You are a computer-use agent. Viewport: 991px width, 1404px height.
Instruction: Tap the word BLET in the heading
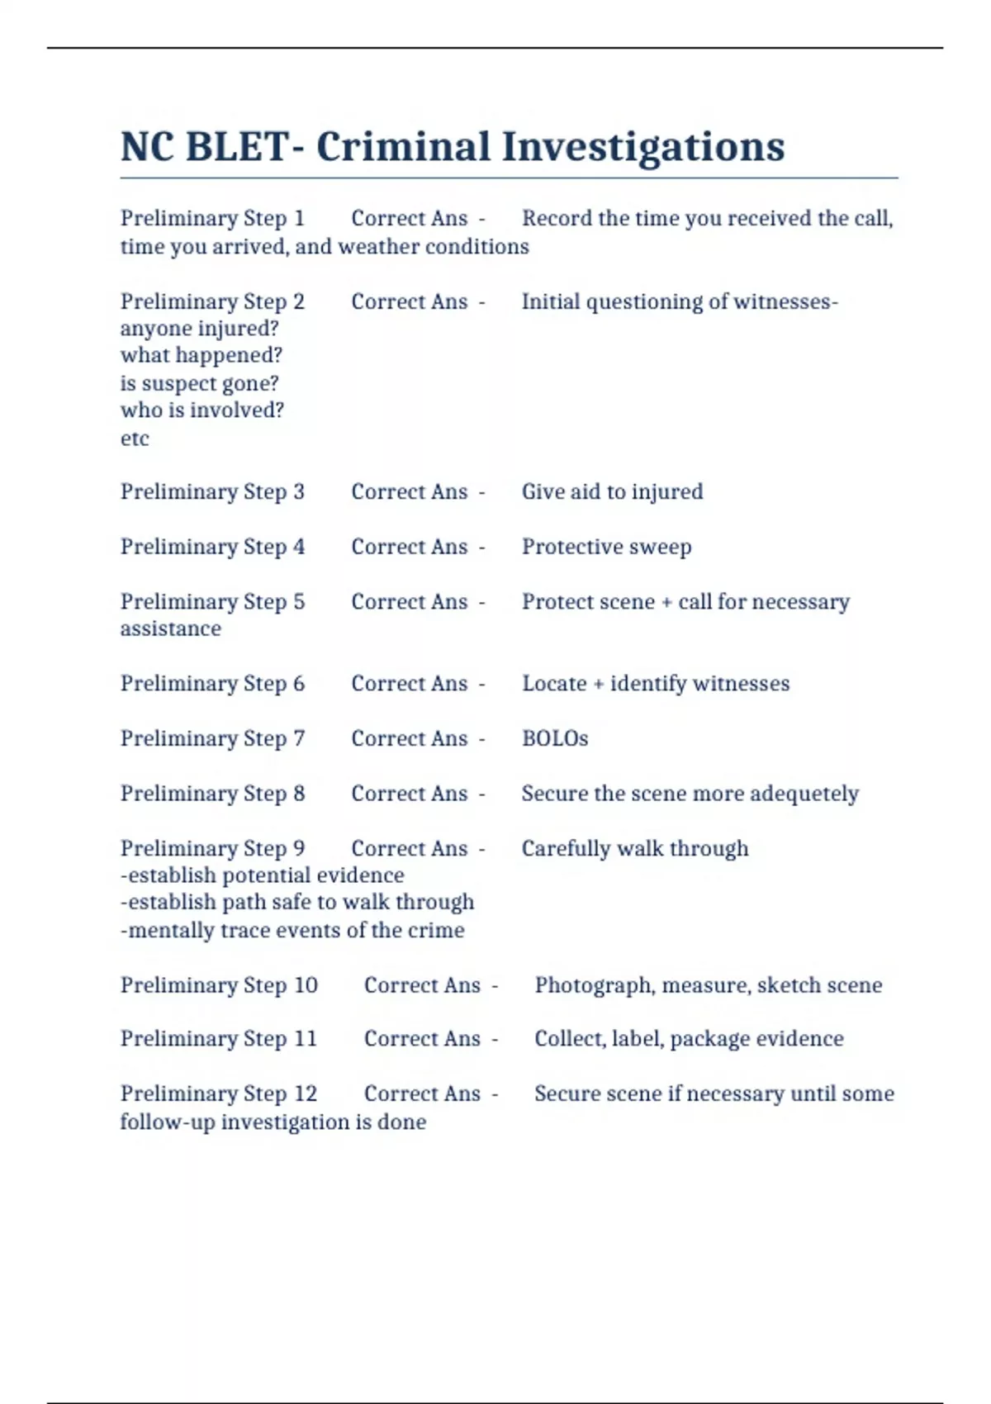click(236, 147)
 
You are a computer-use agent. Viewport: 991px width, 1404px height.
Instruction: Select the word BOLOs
click(555, 738)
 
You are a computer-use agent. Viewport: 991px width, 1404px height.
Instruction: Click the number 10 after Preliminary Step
click(306, 985)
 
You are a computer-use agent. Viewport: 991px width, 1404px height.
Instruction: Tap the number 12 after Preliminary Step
click(306, 1093)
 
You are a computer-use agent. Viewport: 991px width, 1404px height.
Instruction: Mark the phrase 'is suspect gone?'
click(200, 383)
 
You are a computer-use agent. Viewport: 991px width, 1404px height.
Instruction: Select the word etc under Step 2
click(135, 439)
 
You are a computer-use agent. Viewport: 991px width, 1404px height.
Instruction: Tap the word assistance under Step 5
click(171, 629)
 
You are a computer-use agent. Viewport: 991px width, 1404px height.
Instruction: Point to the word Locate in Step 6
click(554, 684)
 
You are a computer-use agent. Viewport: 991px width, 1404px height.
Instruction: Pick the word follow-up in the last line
click(168, 1122)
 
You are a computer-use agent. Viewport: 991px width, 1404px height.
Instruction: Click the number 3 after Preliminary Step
click(298, 492)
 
